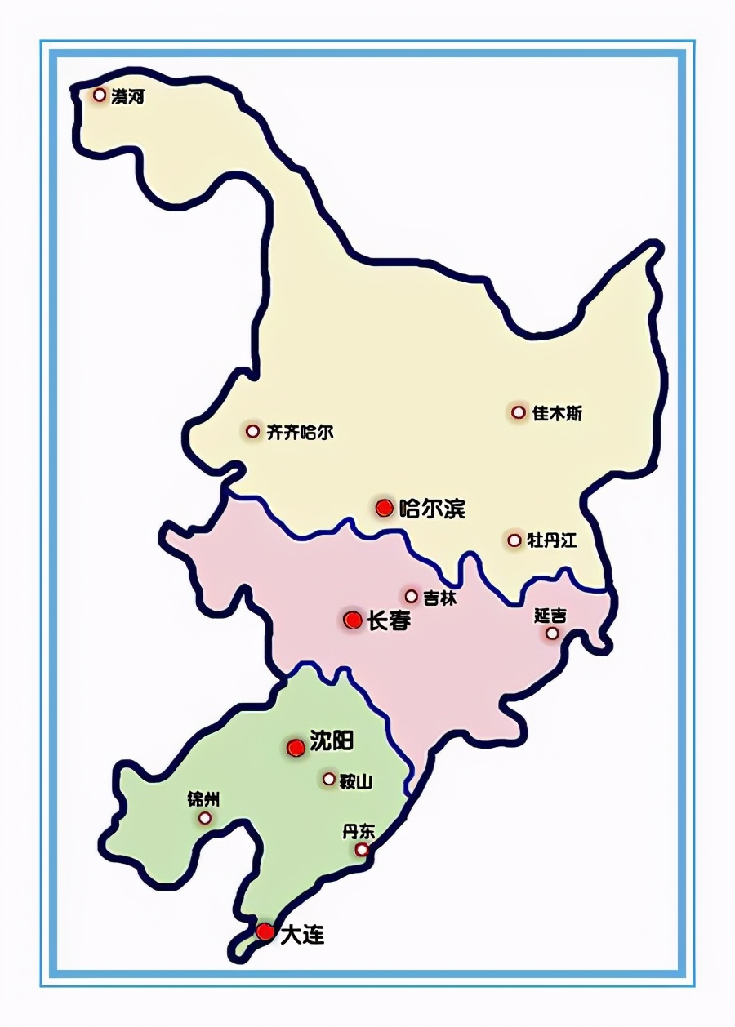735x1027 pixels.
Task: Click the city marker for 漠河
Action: [x=100, y=95]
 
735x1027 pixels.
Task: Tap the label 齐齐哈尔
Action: [x=301, y=433]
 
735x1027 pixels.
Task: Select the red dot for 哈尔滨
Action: [x=385, y=508]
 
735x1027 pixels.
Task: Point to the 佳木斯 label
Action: [x=558, y=414]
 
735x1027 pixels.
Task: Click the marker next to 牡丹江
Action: [x=514, y=540]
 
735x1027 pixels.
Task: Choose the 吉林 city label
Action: [x=440, y=598]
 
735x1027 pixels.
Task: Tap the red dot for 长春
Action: [x=353, y=620]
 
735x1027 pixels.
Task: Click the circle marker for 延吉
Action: [x=553, y=633]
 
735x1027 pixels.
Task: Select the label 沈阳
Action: [x=332, y=741]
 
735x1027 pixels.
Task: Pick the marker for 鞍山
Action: [x=329, y=779]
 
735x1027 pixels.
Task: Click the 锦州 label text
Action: [x=203, y=799]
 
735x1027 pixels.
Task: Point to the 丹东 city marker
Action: [x=362, y=851]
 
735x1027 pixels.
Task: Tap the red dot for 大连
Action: [x=265, y=931]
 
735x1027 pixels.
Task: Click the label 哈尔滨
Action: [x=433, y=509]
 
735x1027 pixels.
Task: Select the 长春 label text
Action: [x=389, y=621]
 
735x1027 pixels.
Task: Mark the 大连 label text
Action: [x=302, y=935]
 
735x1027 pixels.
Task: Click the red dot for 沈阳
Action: [x=296, y=747]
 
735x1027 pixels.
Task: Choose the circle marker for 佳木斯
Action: [x=519, y=412]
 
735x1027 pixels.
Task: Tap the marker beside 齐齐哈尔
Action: [x=252, y=431]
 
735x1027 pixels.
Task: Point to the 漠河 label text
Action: [x=128, y=97]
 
